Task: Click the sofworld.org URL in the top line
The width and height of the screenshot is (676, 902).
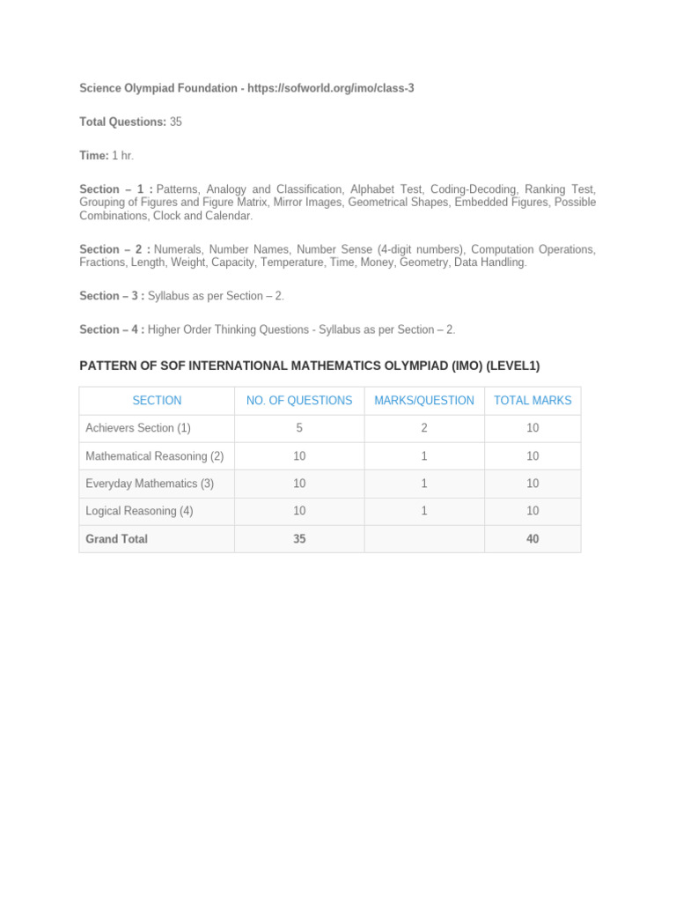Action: coord(331,89)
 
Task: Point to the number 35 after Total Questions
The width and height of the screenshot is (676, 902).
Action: coord(176,122)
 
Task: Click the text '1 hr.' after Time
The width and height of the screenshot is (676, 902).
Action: coord(123,155)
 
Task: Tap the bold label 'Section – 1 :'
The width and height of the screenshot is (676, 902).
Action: coord(116,189)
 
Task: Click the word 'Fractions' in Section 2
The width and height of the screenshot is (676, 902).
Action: coord(103,262)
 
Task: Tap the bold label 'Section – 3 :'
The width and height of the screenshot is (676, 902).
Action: coord(112,296)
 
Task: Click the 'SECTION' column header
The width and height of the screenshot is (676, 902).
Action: coord(157,401)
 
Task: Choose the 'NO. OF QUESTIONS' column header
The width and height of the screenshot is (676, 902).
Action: coord(299,401)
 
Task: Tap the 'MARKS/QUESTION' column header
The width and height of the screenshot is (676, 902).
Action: coord(424,401)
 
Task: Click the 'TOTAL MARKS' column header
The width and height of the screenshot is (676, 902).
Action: coord(533,401)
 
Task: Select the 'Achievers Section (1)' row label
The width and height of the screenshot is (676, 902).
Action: coord(138,428)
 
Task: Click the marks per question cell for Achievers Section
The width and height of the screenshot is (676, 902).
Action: coord(424,428)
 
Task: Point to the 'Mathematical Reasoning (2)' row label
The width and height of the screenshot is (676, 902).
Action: coord(155,456)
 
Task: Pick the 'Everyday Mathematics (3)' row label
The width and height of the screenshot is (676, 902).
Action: coord(150,484)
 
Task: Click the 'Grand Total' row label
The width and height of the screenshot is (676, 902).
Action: coord(116,539)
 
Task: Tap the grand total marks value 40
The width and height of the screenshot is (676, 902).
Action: coord(533,539)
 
